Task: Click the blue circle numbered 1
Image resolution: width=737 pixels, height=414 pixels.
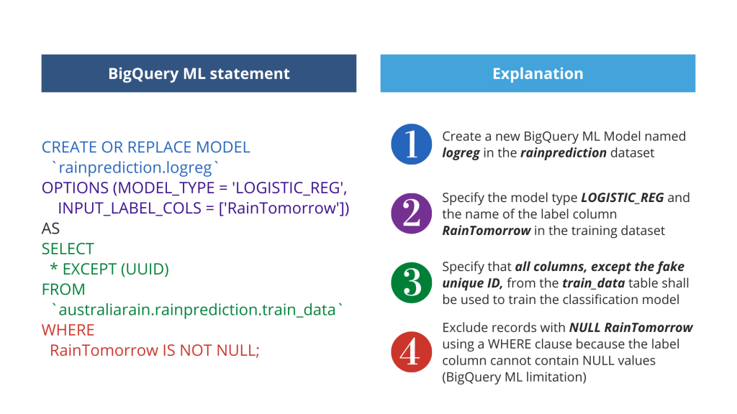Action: [x=411, y=144]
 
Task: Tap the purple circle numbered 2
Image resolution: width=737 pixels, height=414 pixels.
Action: [x=411, y=213]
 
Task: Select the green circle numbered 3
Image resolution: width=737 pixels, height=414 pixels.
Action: [x=411, y=282]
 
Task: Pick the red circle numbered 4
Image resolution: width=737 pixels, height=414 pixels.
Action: [x=411, y=351]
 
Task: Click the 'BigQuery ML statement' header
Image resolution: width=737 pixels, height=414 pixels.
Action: [x=199, y=73]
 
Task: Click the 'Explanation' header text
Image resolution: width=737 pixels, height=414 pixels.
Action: [x=538, y=74]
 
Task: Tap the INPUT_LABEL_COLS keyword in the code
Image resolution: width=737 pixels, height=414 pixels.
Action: [x=130, y=208]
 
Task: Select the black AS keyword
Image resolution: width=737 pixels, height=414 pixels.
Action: [x=51, y=229]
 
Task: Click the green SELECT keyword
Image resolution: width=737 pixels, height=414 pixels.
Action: [x=68, y=249]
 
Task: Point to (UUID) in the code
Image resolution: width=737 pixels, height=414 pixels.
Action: [x=145, y=270]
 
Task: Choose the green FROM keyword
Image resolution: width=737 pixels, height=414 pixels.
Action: [x=63, y=290]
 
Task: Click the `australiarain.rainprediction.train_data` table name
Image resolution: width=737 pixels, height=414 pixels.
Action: [x=197, y=310]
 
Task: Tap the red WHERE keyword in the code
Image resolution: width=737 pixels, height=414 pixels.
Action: [x=68, y=331]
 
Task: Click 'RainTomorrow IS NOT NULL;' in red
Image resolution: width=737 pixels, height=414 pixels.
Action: [x=155, y=351]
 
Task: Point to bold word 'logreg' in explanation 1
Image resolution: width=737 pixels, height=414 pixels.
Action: [x=461, y=154]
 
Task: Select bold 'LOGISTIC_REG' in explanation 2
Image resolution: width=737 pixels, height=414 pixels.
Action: [x=623, y=198]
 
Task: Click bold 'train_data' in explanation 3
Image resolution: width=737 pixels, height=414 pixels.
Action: [x=593, y=283]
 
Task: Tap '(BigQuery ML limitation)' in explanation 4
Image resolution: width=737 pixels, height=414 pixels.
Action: [x=514, y=377]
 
